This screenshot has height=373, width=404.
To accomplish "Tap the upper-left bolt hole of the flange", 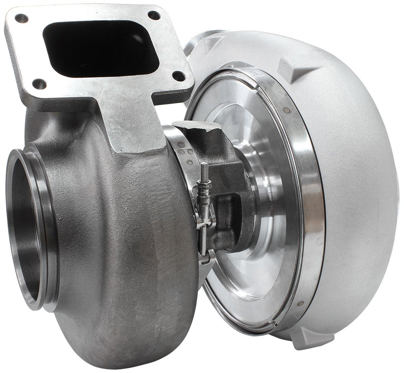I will [21, 19].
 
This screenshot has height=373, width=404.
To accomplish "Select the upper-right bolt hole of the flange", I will [154, 15].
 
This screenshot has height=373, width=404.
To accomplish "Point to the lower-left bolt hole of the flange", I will [38, 84].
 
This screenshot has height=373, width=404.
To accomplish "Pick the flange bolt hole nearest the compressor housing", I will [178, 76].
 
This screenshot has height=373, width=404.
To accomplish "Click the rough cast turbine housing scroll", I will [126, 242].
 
